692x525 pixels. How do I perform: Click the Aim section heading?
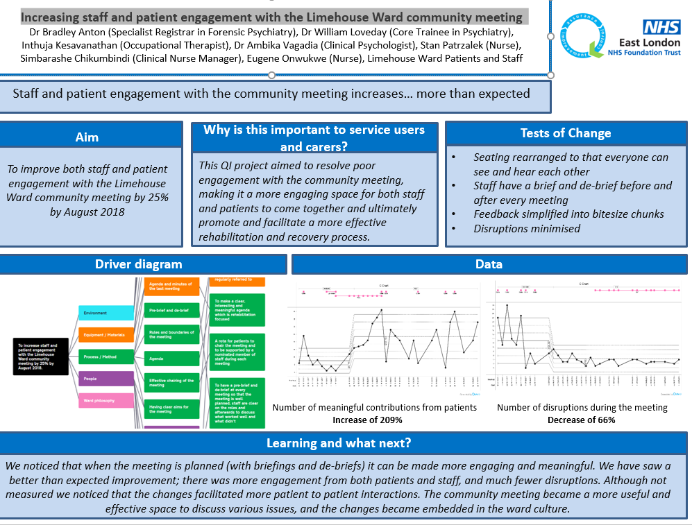pyautogui.click(x=87, y=137)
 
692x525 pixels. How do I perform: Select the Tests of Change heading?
pyautogui.click(x=566, y=134)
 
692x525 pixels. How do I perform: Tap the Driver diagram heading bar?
pyautogui.click(x=138, y=264)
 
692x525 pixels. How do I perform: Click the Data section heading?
pyautogui.click(x=489, y=264)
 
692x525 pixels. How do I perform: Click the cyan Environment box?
pyautogui.click(x=106, y=313)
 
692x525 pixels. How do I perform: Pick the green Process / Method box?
pyautogui.click(x=106, y=356)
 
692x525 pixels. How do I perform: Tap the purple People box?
pyautogui.click(x=106, y=379)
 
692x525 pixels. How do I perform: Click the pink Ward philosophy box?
pyautogui.click(x=106, y=400)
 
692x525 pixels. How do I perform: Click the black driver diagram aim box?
pyautogui.click(x=41, y=356)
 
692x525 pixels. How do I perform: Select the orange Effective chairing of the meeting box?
pyautogui.click(x=171, y=384)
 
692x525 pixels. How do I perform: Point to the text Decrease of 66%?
pyautogui.click(x=582, y=420)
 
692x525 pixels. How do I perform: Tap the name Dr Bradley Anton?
pyautogui.click(x=64, y=32)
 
